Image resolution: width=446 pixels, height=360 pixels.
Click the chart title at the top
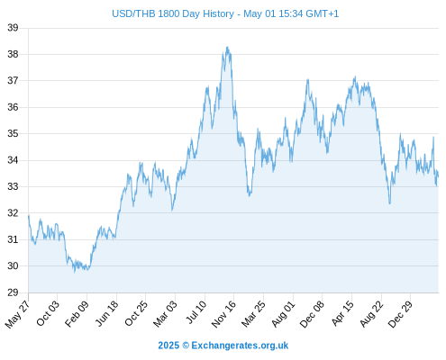point(225,13)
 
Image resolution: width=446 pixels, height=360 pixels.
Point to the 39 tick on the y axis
point(13,28)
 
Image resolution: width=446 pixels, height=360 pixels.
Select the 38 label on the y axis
point(13,54)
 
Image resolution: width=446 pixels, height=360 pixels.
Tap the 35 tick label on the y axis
point(13,133)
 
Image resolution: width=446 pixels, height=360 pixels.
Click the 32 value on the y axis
point(13,213)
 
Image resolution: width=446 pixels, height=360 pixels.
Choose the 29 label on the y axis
point(13,292)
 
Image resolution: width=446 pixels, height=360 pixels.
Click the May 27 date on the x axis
point(18,313)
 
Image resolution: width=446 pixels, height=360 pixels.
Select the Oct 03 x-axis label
point(48,313)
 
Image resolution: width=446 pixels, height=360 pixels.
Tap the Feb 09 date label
point(77,313)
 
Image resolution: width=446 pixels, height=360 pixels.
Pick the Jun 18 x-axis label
point(107,313)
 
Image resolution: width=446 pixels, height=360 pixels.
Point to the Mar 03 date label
point(165,313)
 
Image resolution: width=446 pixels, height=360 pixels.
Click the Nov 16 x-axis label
point(223,314)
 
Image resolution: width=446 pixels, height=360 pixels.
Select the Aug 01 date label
point(283,314)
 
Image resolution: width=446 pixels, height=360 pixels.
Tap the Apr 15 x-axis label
point(342,313)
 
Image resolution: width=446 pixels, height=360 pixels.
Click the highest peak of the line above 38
point(227,47)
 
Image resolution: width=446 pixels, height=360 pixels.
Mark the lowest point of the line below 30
point(75,272)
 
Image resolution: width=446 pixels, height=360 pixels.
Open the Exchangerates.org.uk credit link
point(240,346)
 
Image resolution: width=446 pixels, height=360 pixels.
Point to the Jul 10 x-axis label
point(196,312)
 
